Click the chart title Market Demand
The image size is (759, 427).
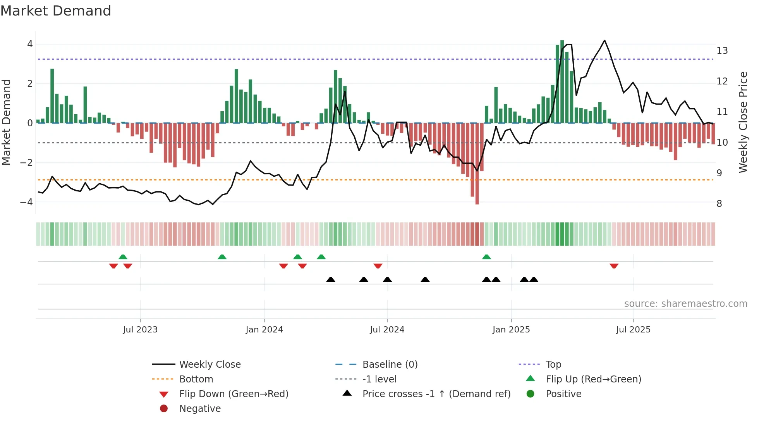click(56, 11)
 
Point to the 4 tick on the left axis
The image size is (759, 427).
click(30, 44)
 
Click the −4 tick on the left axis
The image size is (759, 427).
click(26, 202)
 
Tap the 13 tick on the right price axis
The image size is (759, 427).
click(722, 51)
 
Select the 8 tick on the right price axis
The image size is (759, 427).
click(719, 204)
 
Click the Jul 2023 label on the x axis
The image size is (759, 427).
click(140, 330)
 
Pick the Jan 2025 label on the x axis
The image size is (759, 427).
click(511, 330)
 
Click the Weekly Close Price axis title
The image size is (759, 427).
click(743, 122)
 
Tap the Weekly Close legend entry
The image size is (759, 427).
click(209, 365)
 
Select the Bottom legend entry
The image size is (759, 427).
click(196, 379)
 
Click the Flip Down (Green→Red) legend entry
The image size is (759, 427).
click(234, 394)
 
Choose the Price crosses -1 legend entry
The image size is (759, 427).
click(436, 394)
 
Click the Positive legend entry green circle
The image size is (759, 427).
click(531, 394)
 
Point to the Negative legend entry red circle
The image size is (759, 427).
click(164, 409)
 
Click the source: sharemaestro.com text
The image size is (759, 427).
click(685, 304)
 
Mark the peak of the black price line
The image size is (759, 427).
click(604, 41)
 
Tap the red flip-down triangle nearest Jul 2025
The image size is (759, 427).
click(614, 266)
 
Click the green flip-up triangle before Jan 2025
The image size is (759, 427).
click(486, 257)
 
